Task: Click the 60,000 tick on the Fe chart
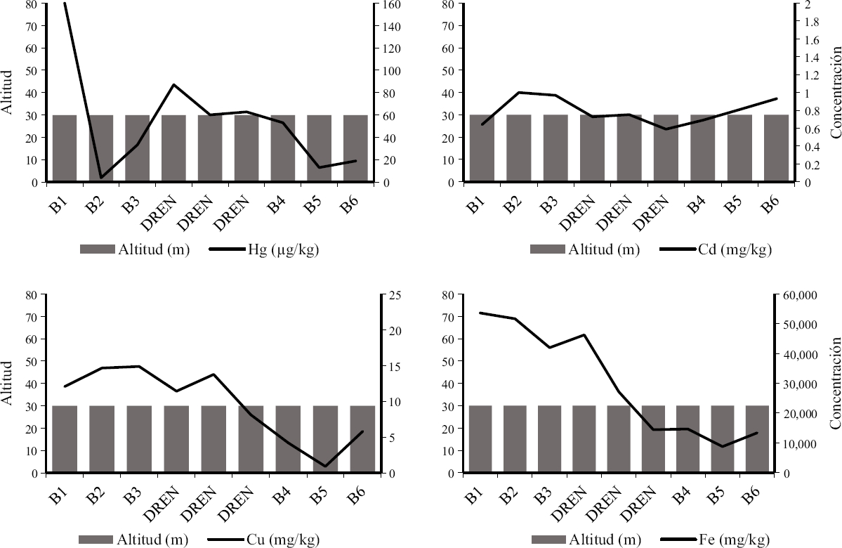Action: [800, 296]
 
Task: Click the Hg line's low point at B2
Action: [101, 177]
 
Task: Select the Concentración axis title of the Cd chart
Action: [836, 91]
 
